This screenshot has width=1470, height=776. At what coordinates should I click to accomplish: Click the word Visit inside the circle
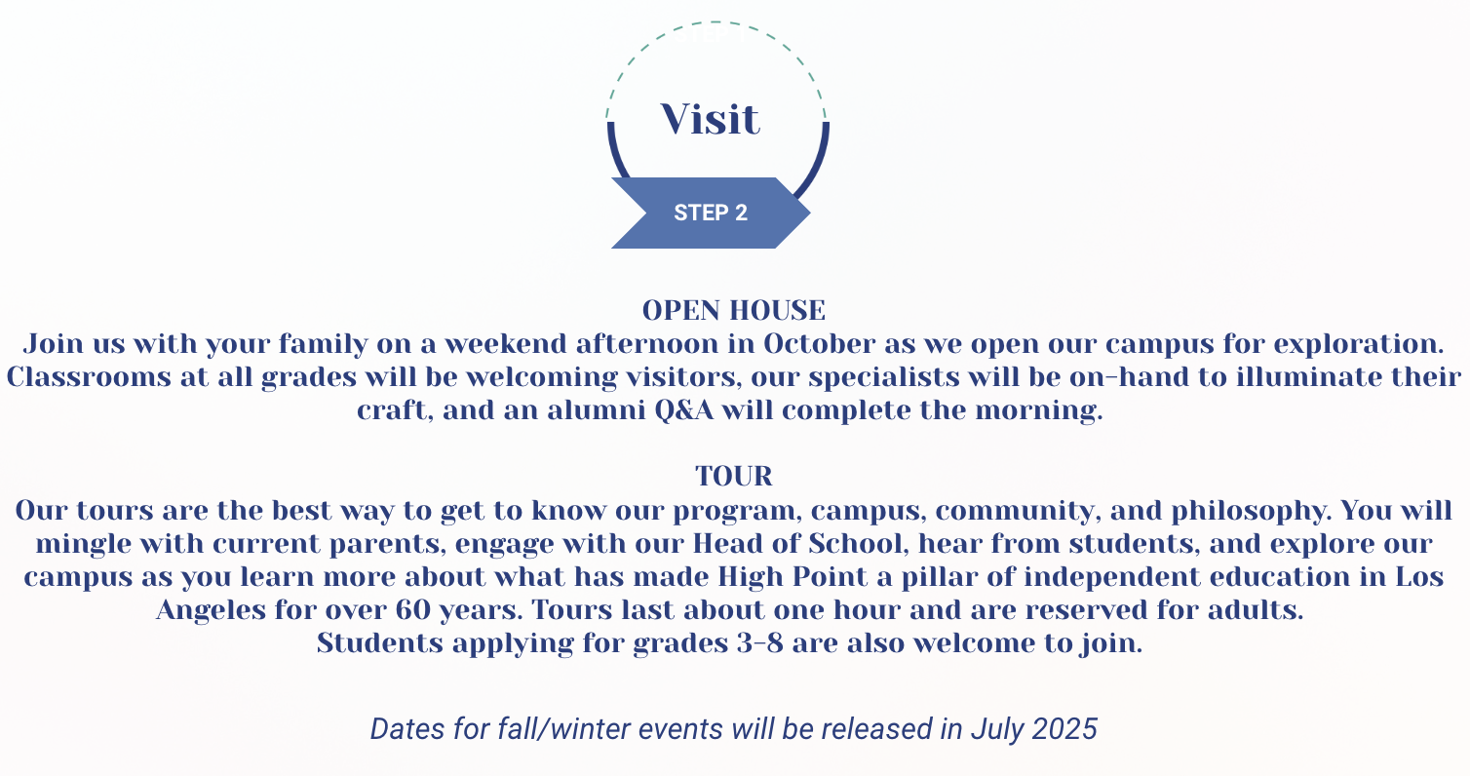click(710, 120)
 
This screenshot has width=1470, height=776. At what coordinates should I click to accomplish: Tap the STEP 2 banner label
click(711, 213)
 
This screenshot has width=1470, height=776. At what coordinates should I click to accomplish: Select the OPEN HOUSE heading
click(734, 311)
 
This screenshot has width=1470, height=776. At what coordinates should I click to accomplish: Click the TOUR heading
click(734, 476)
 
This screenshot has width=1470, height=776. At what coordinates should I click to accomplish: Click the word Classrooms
click(89, 377)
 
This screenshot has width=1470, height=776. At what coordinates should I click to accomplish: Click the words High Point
click(793, 577)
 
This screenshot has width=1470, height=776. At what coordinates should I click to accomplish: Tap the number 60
click(412, 610)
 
